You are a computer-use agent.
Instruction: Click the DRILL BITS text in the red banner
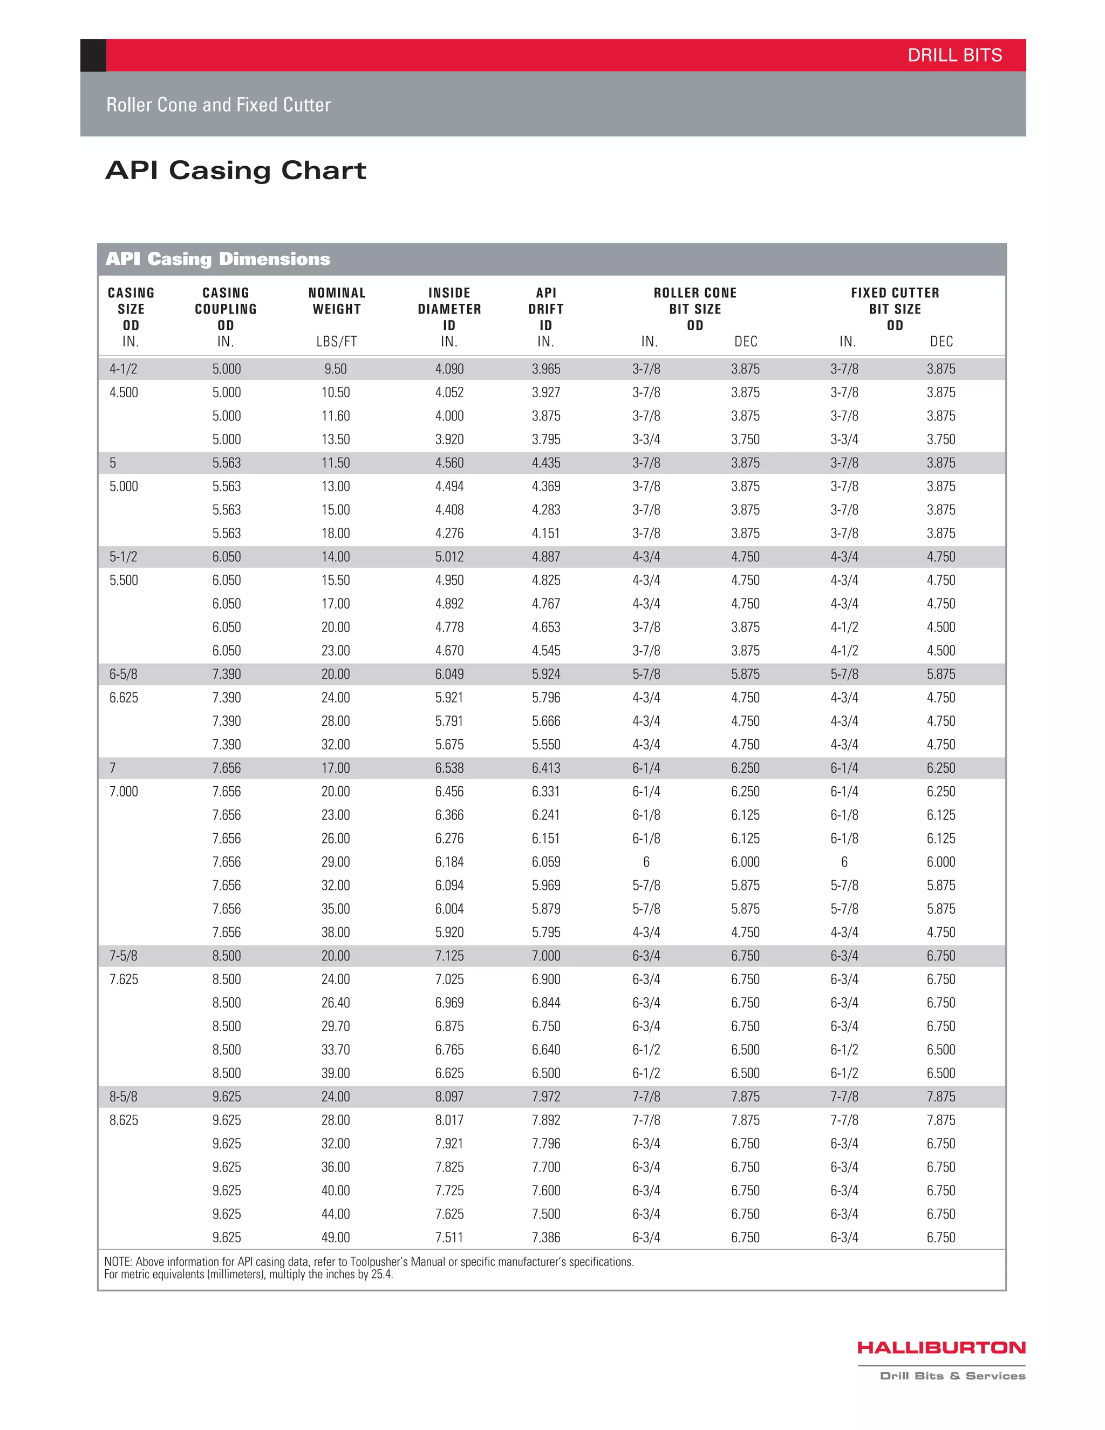point(954,56)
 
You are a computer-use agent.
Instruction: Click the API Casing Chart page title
point(236,170)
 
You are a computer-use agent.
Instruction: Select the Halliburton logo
point(940,1347)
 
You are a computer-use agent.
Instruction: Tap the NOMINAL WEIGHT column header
point(337,301)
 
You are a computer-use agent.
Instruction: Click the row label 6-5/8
point(123,674)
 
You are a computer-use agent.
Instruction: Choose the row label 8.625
point(124,1120)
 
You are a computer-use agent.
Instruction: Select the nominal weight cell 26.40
point(335,1003)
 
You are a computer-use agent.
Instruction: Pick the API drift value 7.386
point(546,1237)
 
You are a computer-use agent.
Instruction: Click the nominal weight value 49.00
point(335,1237)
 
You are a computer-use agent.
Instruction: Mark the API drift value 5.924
point(546,674)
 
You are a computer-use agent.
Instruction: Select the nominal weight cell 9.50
point(335,369)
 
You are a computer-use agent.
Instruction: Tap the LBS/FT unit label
point(337,341)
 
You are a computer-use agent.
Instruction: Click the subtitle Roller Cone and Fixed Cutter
point(218,105)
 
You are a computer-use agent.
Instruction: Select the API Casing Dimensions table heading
point(217,258)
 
